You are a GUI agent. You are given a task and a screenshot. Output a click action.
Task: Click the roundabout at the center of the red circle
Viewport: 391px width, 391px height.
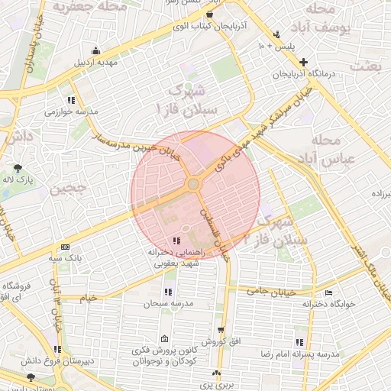tap(194, 184)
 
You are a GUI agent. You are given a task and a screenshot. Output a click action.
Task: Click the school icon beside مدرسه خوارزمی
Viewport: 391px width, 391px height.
tap(71, 100)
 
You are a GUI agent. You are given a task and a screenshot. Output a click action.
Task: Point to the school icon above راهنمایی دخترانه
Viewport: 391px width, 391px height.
tap(177, 241)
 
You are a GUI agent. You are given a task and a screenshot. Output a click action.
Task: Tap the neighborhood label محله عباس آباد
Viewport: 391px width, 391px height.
tap(325, 150)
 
